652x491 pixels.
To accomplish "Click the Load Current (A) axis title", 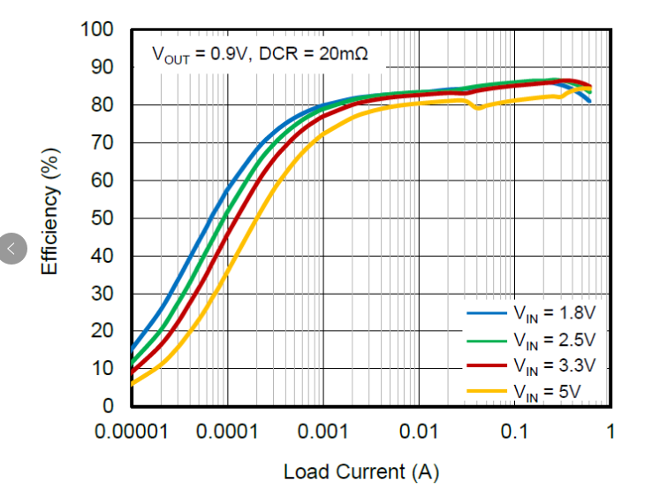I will [x=360, y=472].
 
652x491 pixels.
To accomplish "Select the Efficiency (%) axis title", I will [x=50, y=218].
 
